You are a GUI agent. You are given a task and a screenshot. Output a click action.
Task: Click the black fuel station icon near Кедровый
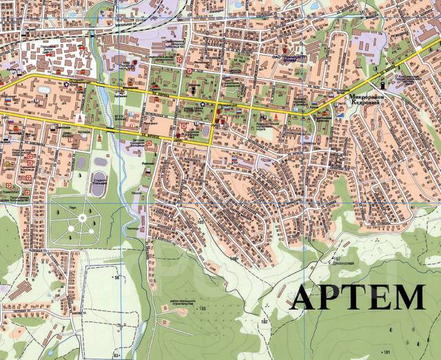384,83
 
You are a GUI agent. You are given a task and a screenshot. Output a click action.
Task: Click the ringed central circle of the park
82,218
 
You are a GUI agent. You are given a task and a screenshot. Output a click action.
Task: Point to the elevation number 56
117,277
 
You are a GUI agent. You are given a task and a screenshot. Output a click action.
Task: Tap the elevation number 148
234,260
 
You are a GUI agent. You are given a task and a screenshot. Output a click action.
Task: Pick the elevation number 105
201,222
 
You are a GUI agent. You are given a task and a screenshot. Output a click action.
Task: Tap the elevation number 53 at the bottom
116,355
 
